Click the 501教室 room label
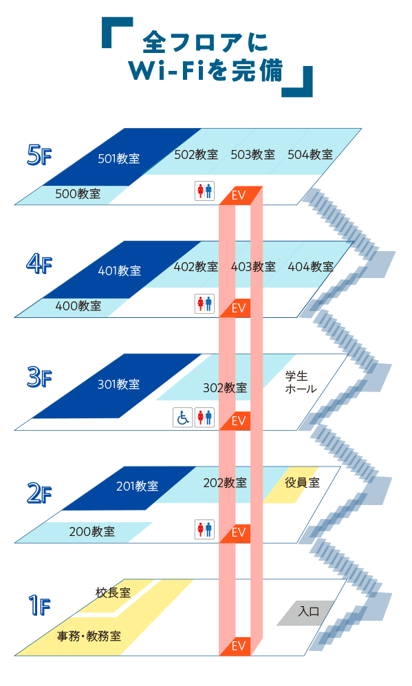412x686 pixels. pos(119,158)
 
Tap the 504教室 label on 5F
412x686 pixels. pos(310,154)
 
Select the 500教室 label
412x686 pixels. pos(78,193)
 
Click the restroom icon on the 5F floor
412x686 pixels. pos(205,191)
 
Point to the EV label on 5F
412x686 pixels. pos(239,195)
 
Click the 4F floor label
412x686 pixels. pos(39,264)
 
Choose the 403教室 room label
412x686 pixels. pos(253,266)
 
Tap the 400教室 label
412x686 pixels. pos(78,306)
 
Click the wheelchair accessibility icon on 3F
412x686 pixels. pos(183,418)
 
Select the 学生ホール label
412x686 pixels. pos(301,383)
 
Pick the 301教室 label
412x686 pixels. pos(118,384)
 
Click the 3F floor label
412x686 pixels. pos(39,377)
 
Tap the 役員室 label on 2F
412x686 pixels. pos(302,482)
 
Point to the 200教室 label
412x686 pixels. pos(92,532)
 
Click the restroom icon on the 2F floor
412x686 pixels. pos(205,529)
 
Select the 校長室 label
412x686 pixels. pos(113,593)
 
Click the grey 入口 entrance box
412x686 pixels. pos(306,612)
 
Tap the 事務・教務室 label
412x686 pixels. pos(89,636)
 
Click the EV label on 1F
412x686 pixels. pos(239,646)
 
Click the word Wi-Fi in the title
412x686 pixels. pos(166,71)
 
